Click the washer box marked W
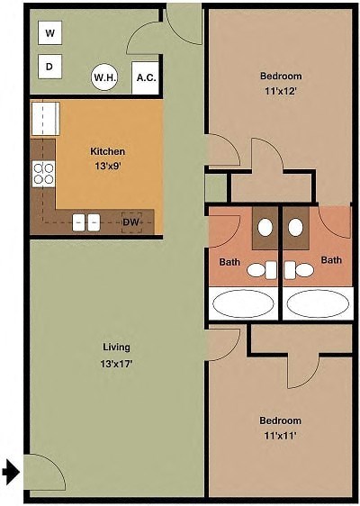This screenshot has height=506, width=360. pos(50,33)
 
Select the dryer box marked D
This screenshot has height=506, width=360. pos(50,66)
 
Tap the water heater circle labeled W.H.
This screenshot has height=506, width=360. pos(104,77)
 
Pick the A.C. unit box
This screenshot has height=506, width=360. pos(146,77)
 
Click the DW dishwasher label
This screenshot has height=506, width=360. pos(131,221)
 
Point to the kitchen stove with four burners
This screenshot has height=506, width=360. pos(43,173)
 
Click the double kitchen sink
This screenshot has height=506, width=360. pos(86,221)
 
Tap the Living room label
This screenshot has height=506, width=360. pos(116,347)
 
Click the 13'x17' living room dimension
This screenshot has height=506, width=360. pos(116,364)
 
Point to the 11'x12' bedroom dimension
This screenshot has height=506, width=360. pos(280,91)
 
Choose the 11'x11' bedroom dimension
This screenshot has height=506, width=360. pos(280,436)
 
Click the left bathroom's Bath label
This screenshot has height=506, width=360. pos(229,262)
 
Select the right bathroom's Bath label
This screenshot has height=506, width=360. pos(332,260)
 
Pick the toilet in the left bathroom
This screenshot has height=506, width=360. pos(261,268)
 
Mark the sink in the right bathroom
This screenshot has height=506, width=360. pos(295,228)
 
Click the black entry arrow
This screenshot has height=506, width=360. pos(11,472)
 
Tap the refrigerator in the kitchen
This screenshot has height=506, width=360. pos(44,118)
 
